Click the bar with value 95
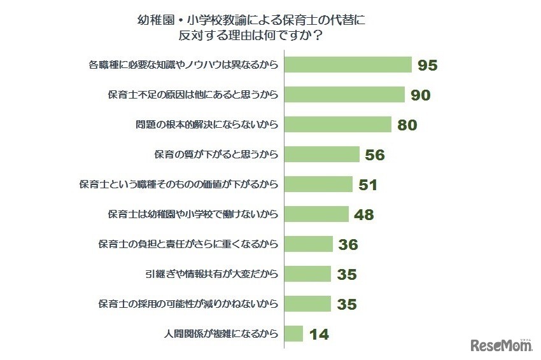coord(348,65)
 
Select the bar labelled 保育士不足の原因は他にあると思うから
coord(344,95)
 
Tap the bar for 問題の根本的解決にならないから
coord(337,125)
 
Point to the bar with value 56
coord(322,155)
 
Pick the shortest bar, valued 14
coord(293,334)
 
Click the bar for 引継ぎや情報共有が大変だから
coord(307,274)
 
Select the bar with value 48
coord(316,214)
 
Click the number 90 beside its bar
coord(420,95)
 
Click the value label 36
coord(348,245)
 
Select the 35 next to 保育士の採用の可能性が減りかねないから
coord(346,304)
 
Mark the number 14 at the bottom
coord(318,334)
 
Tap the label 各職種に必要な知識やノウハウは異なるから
coord(183,65)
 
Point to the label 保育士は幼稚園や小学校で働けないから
coord(193,214)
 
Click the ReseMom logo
coord(501,345)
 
